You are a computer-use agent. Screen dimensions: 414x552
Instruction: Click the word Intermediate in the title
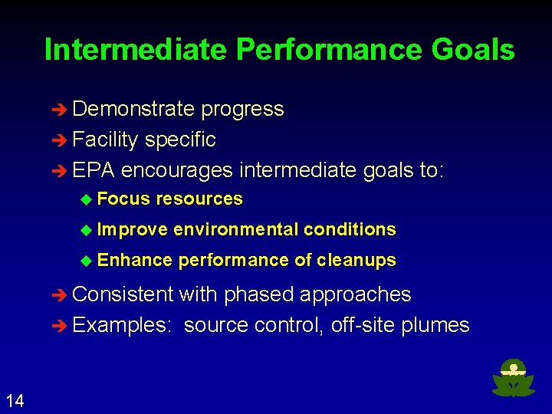coord(136,50)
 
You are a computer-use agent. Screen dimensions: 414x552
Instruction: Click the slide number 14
coord(15,399)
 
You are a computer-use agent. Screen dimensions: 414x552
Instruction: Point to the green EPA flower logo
coord(513,379)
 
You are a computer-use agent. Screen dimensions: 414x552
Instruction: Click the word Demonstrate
coord(133,110)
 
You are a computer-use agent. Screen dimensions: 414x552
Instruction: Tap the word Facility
coord(105,140)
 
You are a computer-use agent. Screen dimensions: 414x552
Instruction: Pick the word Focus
coord(123,199)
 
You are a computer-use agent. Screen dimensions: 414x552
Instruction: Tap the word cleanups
coord(356,260)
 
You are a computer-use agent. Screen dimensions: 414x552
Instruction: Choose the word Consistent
coord(123,294)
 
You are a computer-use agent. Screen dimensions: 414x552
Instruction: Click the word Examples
coord(122,325)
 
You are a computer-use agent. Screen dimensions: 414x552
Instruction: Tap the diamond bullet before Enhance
coord(86,261)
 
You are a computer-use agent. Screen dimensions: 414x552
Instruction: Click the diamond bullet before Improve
coord(86,230)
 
